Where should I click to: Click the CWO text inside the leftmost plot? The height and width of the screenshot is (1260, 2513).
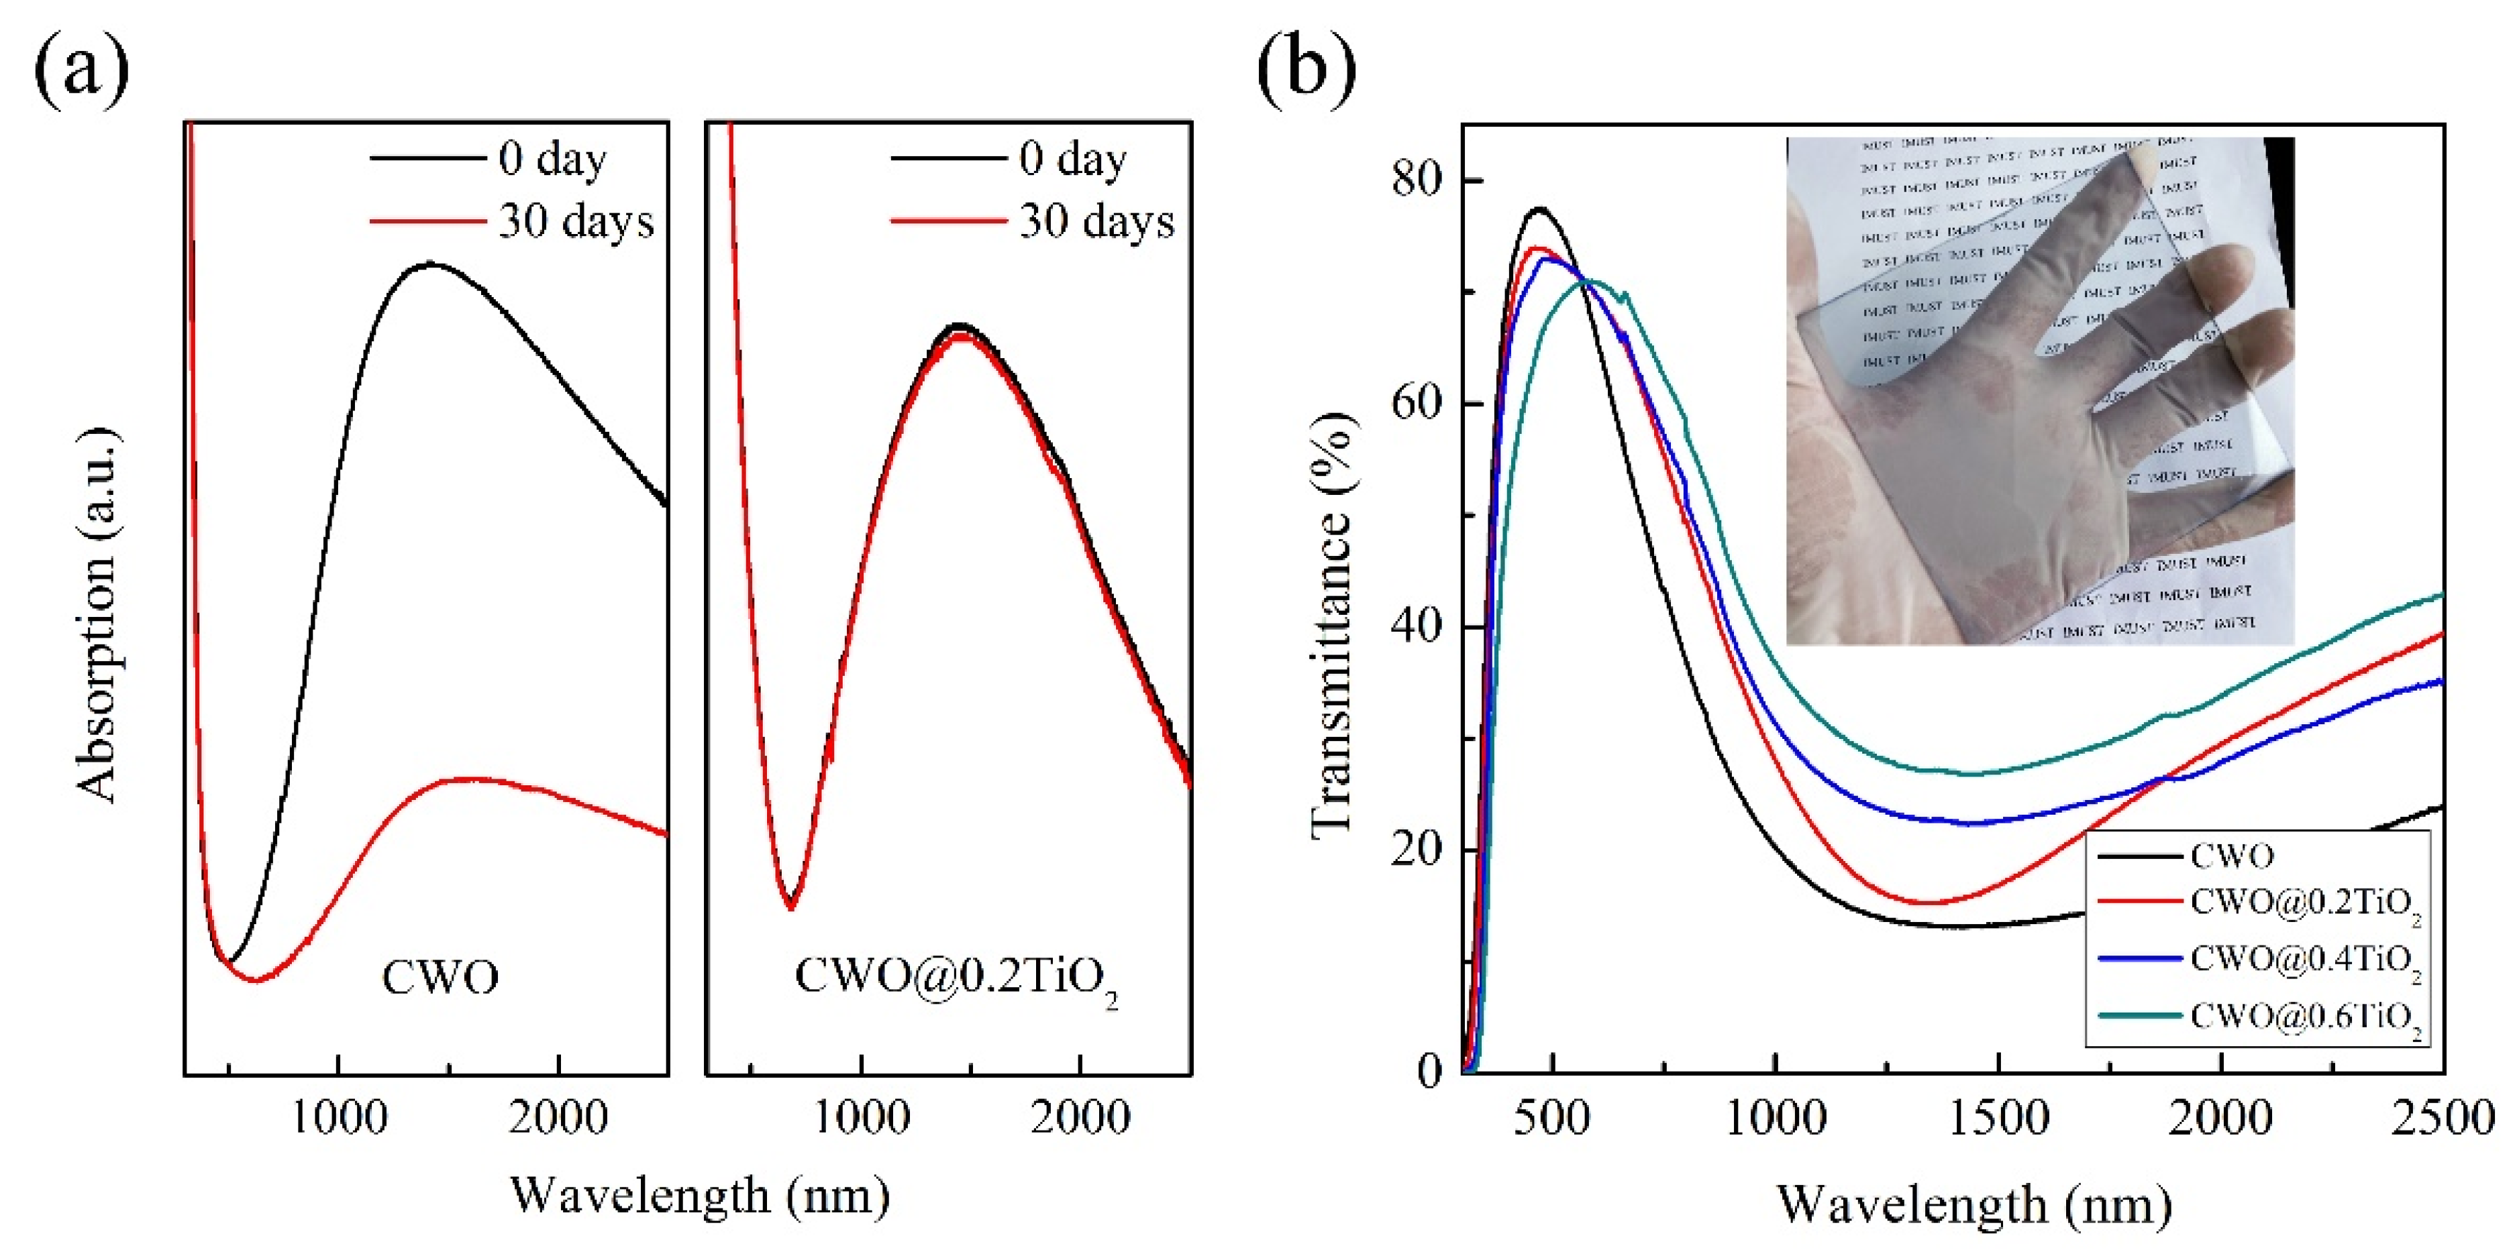(440, 977)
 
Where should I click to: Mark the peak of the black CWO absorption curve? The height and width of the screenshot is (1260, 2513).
(429, 264)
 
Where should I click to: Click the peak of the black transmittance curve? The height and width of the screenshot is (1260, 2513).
(1541, 209)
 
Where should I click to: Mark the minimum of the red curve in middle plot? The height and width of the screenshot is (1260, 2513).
(791, 907)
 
